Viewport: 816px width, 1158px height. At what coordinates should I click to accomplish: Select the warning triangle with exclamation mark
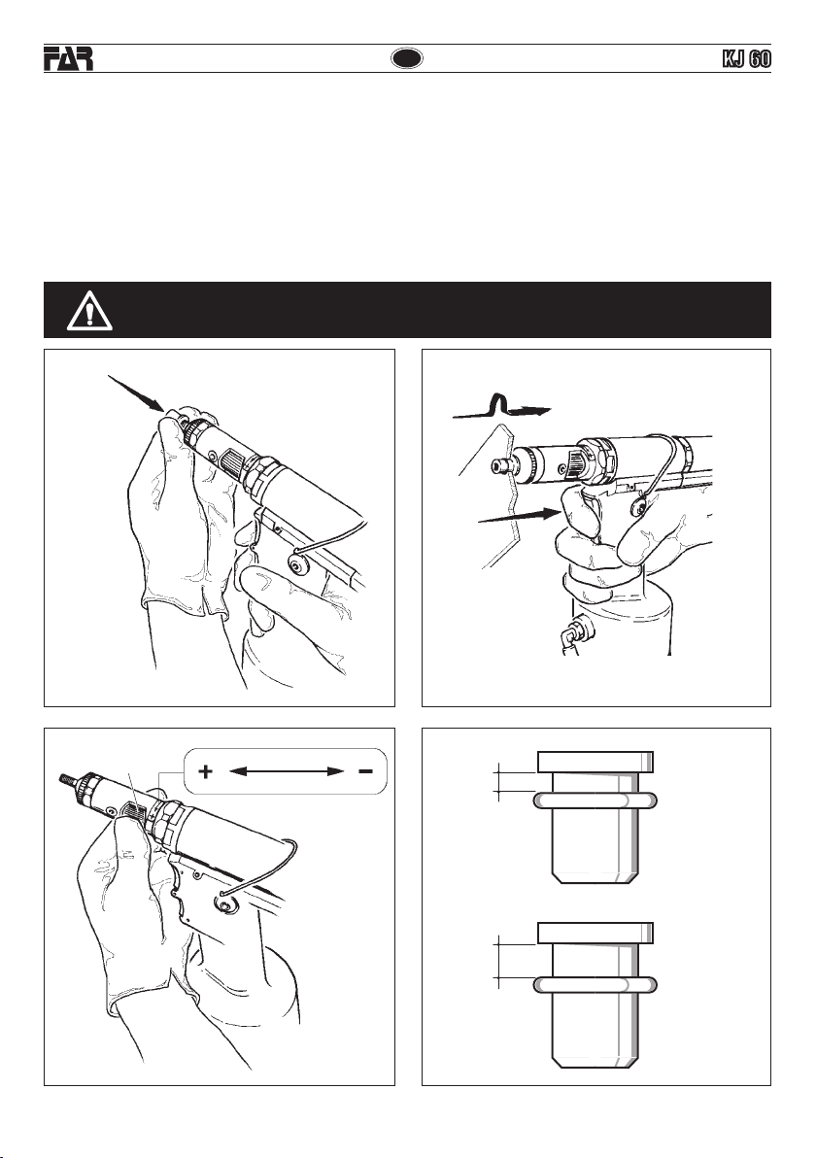89,310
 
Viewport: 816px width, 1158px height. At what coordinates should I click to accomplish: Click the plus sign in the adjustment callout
205,771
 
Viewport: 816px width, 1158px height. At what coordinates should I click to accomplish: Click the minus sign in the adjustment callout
365,771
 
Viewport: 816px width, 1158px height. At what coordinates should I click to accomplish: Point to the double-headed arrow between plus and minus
286,771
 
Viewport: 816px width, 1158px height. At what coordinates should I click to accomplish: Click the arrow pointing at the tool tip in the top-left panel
137,392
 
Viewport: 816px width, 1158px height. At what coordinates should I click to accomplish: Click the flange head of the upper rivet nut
595,762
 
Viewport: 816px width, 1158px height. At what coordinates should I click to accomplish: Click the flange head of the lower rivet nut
595,933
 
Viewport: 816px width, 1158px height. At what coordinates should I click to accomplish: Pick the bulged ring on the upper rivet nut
595,800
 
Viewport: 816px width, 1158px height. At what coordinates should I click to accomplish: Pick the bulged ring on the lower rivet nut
595,984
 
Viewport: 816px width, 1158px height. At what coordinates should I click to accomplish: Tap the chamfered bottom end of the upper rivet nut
595,876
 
